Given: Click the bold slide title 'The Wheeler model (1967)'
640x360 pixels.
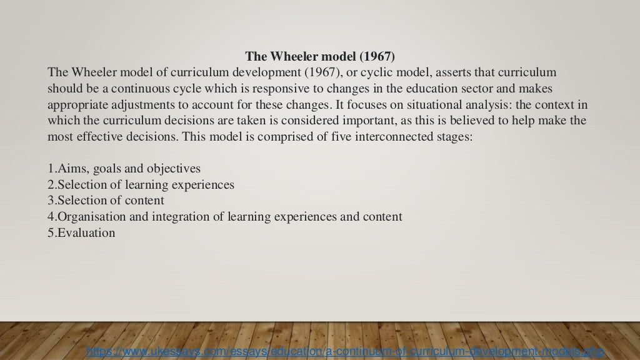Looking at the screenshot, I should [x=319, y=57].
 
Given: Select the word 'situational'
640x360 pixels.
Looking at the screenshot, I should [x=425, y=104].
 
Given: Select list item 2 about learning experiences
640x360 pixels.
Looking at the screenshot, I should [x=141, y=185].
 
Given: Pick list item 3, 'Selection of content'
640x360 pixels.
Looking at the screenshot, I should [x=106, y=201].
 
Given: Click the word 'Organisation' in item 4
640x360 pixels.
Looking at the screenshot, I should [x=88, y=217].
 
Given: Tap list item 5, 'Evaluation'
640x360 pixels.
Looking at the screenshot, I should [x=81, y=233].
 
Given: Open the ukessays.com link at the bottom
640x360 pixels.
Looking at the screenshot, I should [x=344, y=352].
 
